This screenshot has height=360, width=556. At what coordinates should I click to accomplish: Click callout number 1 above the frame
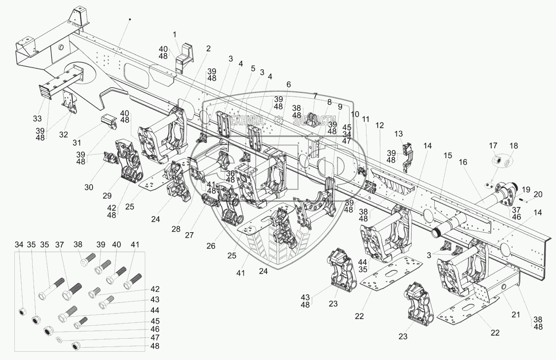click(174, 34)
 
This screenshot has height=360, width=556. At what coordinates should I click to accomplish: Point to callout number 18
click(514, 146)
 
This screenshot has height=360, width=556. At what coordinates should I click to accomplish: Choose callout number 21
click(516, 315)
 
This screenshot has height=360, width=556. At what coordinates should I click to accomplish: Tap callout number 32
click(63, 134)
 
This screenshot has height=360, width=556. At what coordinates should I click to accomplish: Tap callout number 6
click(288, 84)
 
